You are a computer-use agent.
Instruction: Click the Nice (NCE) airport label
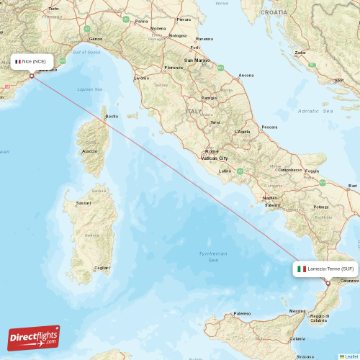[32, 61]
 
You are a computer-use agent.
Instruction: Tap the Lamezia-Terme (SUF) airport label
[325, 269]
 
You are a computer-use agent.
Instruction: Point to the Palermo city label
[242, 313]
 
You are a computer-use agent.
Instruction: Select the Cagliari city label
[102, 268]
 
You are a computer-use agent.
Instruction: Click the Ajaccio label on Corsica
[90, 151]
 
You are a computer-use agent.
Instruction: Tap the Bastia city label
[112, 116]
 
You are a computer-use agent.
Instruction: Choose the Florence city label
[174, 68]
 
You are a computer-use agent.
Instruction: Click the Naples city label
[271, 197]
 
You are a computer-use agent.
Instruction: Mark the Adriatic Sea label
[315, 112]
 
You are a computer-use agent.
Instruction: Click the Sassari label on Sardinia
[84, 204]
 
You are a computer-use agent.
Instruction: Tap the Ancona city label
[246, 75]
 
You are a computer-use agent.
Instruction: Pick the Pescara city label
[269, 127]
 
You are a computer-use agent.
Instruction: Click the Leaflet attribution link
[350, 356]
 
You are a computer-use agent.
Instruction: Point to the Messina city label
[297, 311]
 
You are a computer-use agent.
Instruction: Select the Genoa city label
[95, 39]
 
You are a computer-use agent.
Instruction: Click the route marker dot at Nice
[32, 75]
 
